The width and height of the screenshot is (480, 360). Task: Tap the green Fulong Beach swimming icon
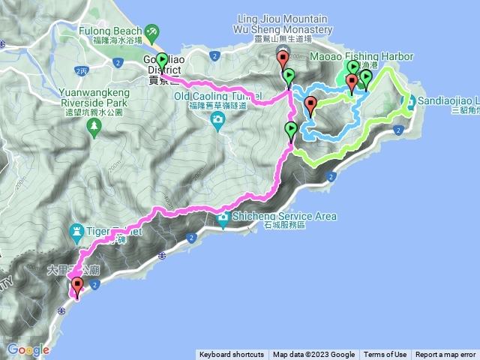(x=152, y=31)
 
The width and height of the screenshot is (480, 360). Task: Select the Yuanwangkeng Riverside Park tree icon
(x=94, y=128)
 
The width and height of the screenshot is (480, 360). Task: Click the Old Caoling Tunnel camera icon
(x=217, y=119)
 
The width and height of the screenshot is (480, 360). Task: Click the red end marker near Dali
(x=76, y=285)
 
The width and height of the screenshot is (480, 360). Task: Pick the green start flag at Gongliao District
(x=162, y=61)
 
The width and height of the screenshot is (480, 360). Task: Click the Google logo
(x=28, y=349)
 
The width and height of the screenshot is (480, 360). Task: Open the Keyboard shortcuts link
(x=232, y=355)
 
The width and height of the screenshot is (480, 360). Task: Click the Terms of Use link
(x=385, y=355)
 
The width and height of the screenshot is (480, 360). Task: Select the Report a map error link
(x=445, y=355)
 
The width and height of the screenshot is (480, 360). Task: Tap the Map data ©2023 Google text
(x=313, y=355)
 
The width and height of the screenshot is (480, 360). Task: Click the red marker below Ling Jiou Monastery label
(x=283, y=59)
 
